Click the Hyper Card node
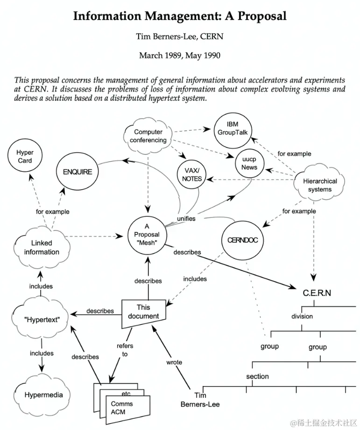pyautogui.click(x=24, y=157)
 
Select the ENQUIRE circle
pyautogui.click(x=78, y=172)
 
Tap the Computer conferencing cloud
pyautogui.click(x=148, y=136)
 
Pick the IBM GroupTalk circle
pyautogui.click(x=232, y=129)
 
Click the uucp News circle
pyautogui.click(x=249, y=164)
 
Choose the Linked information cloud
pyautogui.click(x=42, y=247)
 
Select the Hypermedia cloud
pyautogui.click(x=43, y=395)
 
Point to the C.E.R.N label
pyautogui.click(x=317, y=294)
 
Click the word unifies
pyautogui.click(x=186, y=218)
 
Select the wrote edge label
pyautogui.click(x=174, y=362)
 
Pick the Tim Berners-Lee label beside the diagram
pyautogui.click(x=200, y=400)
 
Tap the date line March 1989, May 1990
pyautogui.click(x=180, y=56)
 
